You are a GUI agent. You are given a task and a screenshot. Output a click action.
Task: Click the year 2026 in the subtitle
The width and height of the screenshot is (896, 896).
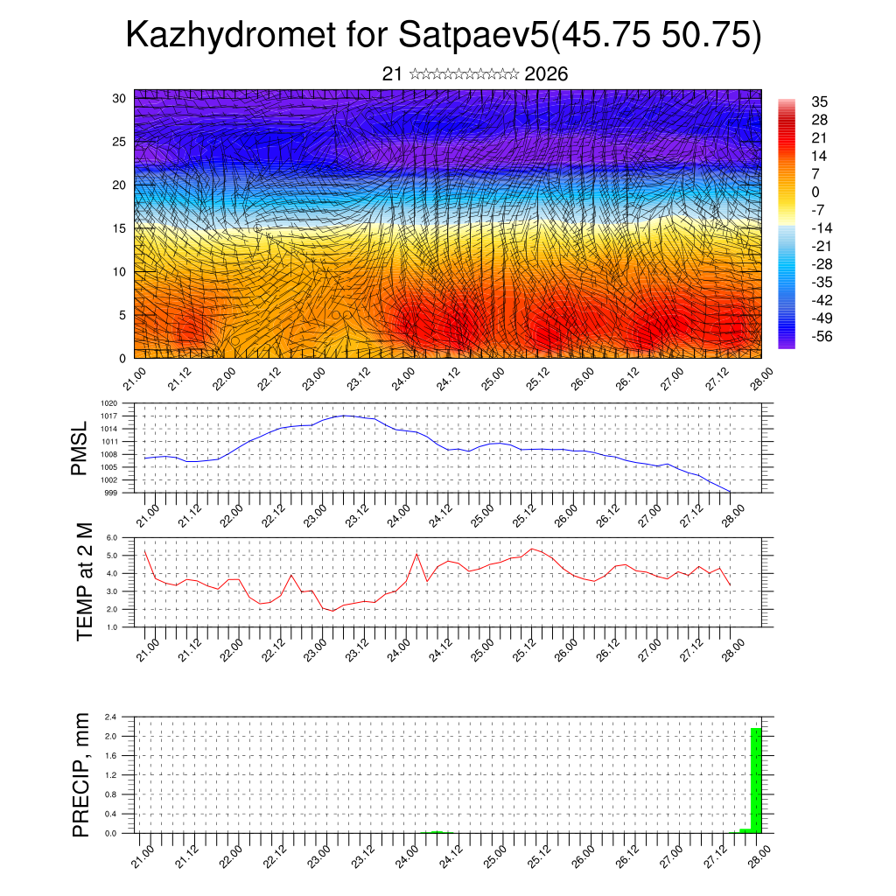tap(546, 74)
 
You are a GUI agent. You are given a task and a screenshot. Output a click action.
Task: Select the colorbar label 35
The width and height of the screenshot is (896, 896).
tap(820, 101)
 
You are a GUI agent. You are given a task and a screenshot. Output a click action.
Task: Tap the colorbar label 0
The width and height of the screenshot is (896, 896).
tap(815, 192)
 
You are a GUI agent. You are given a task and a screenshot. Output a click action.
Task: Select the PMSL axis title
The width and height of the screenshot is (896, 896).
tap(80, 447)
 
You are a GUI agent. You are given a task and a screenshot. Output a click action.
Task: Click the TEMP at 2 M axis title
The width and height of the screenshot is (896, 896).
tap(84, 582)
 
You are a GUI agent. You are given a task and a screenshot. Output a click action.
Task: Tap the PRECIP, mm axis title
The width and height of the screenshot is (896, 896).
tap(81, 774)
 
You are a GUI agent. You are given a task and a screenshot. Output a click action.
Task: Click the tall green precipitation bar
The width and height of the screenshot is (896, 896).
tap(756, 780)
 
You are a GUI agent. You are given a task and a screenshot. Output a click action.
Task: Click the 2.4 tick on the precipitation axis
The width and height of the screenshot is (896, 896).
tap(111, 717)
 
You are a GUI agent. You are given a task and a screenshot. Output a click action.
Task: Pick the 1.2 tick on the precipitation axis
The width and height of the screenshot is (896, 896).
tap(111, 775)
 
